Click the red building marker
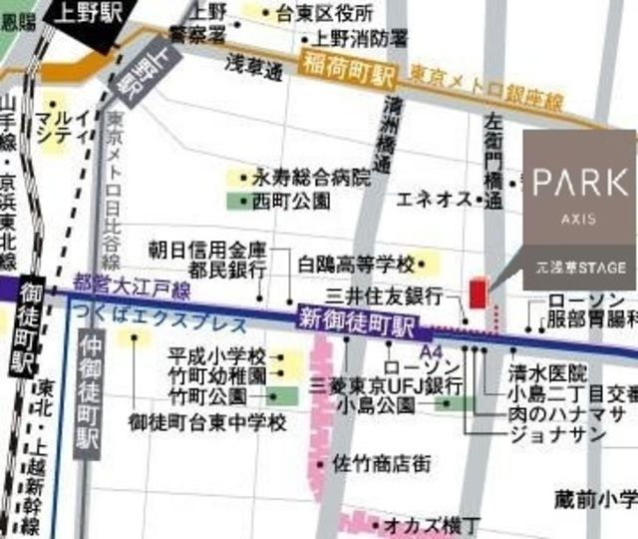pos(477,296)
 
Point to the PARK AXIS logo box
pos(579,210)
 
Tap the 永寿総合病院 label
pos(310,179)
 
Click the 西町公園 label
pos(287,200)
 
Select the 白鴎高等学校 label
pos(355,265)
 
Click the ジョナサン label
pos(557,434)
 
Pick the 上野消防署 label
pos(360,38)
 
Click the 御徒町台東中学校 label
pos(207,422)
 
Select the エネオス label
pos(433,200)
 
